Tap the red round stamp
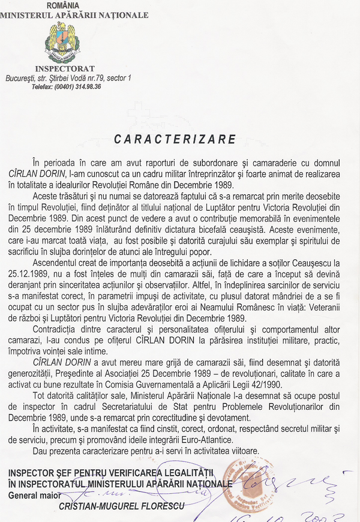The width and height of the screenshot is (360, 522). tap(253, 486)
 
